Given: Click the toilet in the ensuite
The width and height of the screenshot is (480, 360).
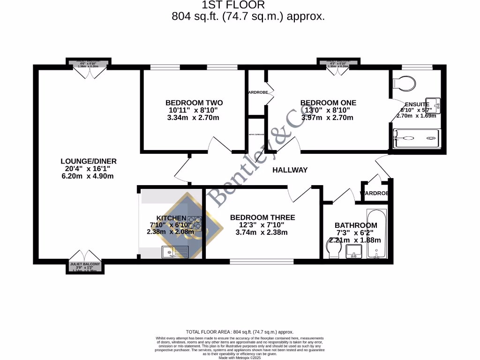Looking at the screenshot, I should coord(404,83).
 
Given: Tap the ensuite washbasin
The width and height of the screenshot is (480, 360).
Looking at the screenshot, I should coord(435,105).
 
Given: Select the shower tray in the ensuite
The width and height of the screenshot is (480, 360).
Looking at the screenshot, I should coord(416,138).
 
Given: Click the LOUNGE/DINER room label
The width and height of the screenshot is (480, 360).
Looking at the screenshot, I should coord(89,161).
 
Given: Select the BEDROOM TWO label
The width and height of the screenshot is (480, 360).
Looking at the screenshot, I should coord(194,103).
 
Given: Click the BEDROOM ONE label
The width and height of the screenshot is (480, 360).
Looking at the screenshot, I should coord(328,103).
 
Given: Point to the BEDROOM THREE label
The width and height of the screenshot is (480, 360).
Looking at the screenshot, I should coord(262,217).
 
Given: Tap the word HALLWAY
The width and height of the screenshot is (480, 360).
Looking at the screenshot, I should coord(290,170).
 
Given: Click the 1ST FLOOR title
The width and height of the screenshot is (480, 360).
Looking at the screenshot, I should coord(233,5).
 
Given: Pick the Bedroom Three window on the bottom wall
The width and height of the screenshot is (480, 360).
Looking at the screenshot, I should coord(262,261).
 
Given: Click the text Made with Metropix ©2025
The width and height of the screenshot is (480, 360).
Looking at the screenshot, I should coord(240,358).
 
